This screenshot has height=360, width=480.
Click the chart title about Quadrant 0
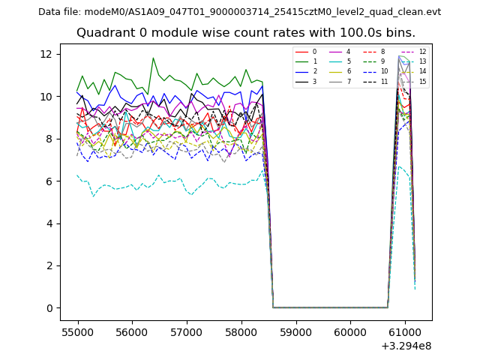[x=245, y=33]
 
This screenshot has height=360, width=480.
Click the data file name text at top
[x=239, y=12]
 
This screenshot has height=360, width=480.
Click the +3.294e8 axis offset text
[x=405, y=346]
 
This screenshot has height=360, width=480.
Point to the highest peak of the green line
[x=153, y=58]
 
